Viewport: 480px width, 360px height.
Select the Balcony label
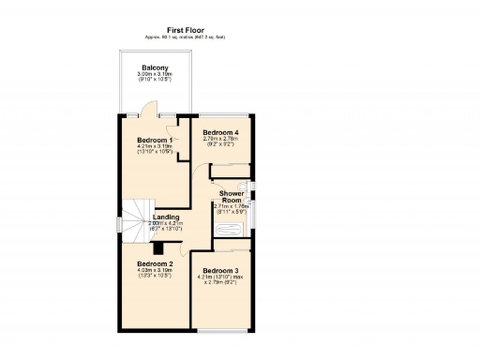(155, 67)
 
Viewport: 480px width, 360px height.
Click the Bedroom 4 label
(220, 132)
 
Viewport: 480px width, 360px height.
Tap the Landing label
(166, 217)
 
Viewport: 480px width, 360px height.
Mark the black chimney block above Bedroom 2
(159, 248)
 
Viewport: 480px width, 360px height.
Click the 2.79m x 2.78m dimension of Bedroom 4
(220, 139)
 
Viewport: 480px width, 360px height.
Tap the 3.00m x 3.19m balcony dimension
(155, 74)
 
